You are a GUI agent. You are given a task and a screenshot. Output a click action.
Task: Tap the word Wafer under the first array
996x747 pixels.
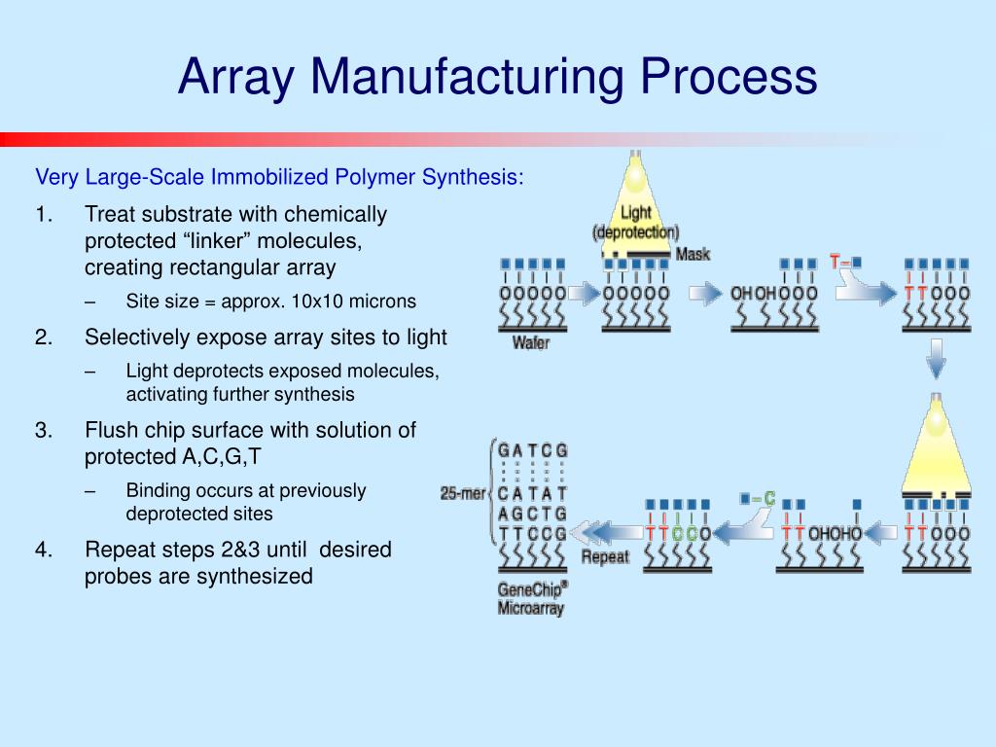tap(530, 342)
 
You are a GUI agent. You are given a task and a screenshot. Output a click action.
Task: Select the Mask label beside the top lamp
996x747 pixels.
tap(693, 254)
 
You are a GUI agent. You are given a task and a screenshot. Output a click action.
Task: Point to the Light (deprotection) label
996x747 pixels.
tap(635, 223)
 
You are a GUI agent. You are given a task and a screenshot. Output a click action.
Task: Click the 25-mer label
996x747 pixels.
tap(462, 493)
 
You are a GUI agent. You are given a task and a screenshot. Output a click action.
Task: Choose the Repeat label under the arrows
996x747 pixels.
tap(605, 557)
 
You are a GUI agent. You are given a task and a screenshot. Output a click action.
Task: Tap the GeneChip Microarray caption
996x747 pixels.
tap(532, 598)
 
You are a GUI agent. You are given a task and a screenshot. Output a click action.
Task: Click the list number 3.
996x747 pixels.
tap(43, 430)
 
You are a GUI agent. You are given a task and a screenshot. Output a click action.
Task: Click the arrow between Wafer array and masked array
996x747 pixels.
tap(584, 292)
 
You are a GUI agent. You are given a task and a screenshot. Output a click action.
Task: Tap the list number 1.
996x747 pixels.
tap(43, 214)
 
